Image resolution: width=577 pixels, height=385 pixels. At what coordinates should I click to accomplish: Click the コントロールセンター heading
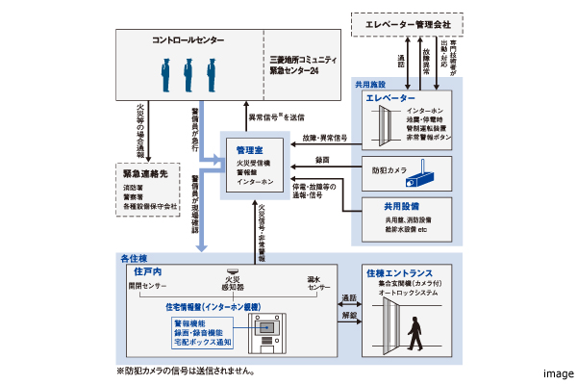(x=188, y=41)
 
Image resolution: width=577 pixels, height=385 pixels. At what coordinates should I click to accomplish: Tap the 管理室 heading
(x=251, y=150)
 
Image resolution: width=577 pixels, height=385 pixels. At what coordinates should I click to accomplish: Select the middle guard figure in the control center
(x=188, y=75)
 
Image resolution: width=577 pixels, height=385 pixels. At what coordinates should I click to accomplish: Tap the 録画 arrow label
(x=322, y=159)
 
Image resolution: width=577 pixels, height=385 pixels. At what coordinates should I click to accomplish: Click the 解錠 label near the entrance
(x=348, y=314)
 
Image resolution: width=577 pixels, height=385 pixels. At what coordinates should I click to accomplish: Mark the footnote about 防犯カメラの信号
(x=185, y=370)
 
